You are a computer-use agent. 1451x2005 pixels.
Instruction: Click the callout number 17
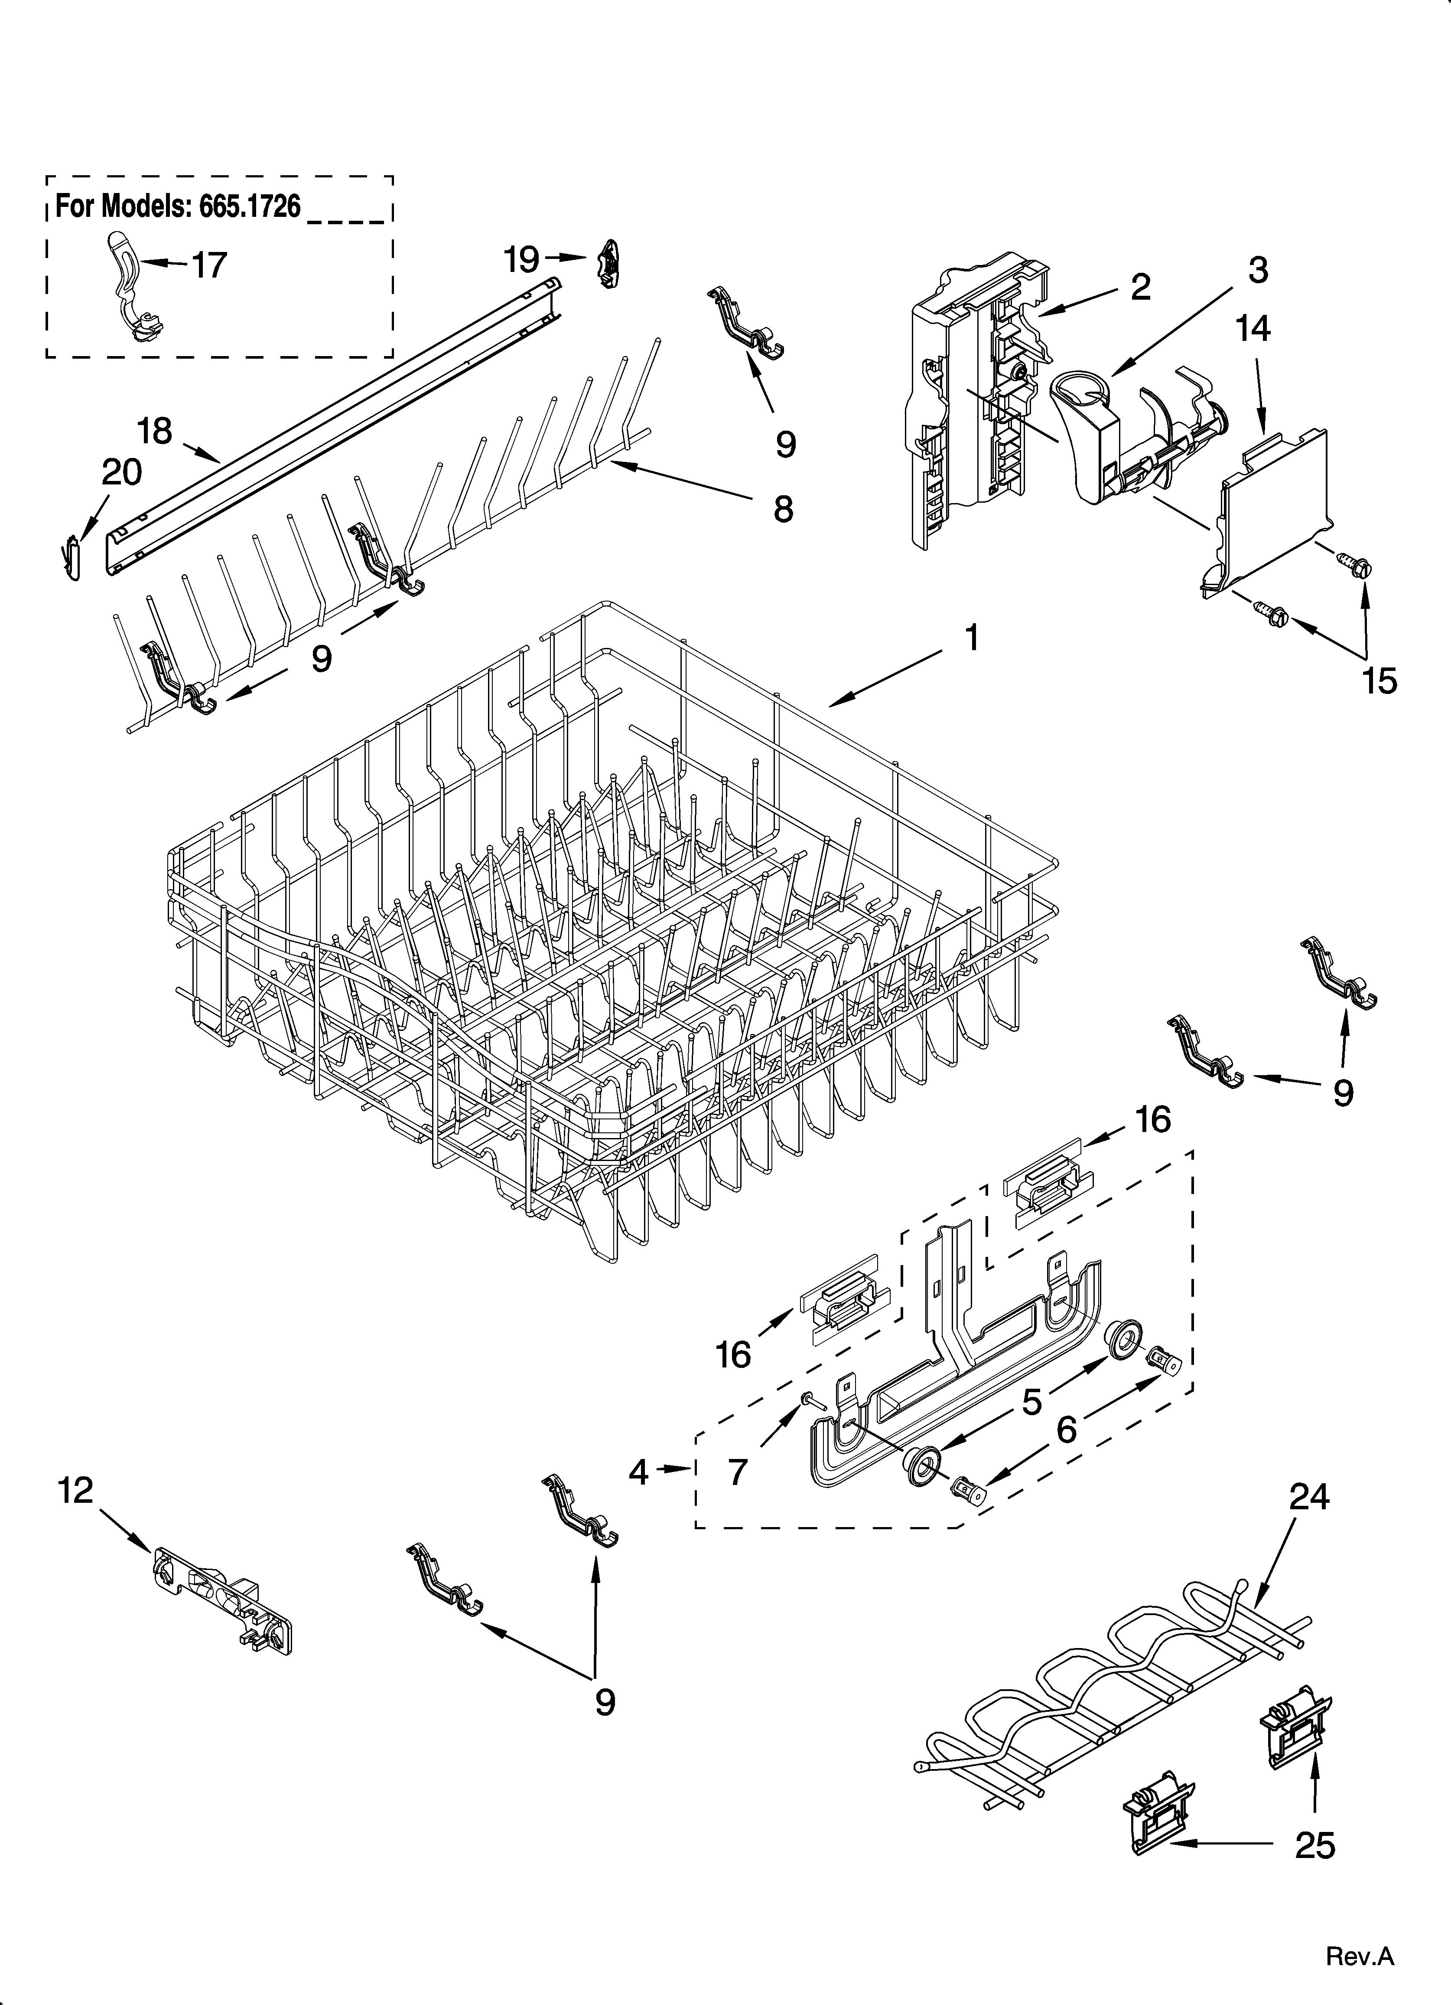pyautogui.click(x=209, y=265)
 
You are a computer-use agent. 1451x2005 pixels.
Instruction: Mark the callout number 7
pyautogui.click(x=738, y=1472)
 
